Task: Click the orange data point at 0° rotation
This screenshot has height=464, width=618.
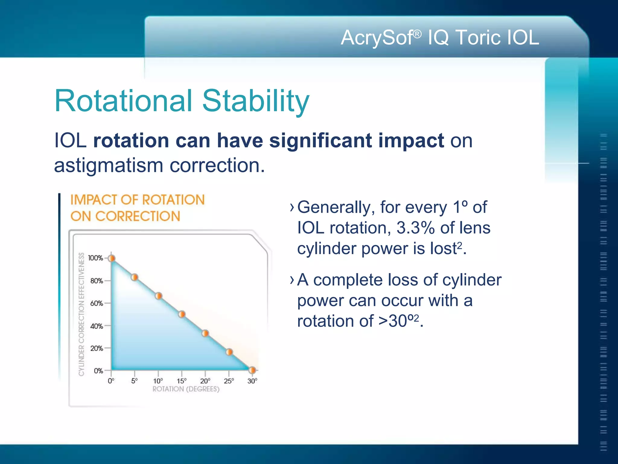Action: (112, 258)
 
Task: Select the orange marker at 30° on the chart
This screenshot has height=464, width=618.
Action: (252, 370)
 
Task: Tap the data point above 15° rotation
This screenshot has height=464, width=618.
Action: (182, 314)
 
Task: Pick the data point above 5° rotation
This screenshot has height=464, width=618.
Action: (135, 277)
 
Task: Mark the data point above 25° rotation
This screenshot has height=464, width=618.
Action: (229, 352)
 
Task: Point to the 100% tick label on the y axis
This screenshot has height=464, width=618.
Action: (95, 258)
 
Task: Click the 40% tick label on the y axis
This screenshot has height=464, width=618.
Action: (97, 326)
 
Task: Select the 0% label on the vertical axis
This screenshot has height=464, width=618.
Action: (98, 371)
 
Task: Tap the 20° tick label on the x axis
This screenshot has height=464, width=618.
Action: (205, 381)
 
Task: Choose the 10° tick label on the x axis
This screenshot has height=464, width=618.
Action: (158, 381)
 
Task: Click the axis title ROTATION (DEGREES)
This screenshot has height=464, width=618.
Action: (186, 389)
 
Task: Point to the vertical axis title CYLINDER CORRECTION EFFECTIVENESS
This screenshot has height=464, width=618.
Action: (81, 314)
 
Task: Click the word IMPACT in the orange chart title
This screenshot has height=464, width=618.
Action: (94, 200)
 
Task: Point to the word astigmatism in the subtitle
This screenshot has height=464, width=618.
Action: (109, 166)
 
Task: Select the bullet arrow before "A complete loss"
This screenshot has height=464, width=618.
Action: (291, 280)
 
